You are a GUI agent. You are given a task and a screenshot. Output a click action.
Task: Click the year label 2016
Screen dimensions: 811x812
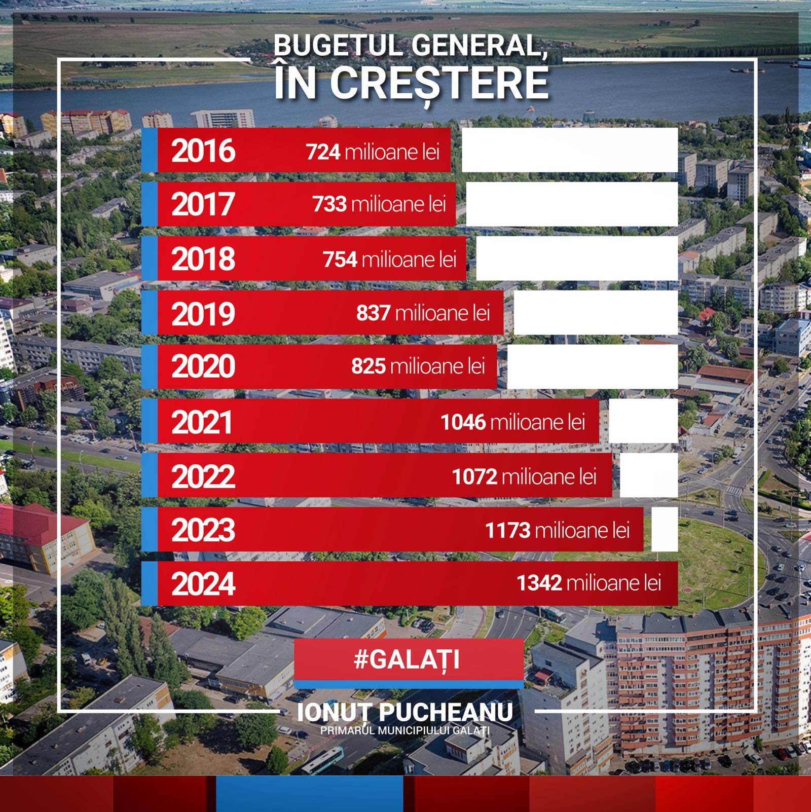coord(203,151)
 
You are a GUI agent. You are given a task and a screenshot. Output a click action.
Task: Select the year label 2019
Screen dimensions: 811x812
coord(203,314)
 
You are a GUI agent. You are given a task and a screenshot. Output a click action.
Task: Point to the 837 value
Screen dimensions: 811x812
coord(373,313)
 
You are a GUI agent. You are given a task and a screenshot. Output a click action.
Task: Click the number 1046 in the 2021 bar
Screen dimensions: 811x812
coord(463,422)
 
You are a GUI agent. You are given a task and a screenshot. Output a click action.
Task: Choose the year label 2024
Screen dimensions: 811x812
coord(203,584)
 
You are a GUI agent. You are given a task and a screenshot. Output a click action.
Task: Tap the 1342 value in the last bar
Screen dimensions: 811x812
coord(539,583)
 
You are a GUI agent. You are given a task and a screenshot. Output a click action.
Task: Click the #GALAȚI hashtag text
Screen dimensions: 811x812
coord(407,659)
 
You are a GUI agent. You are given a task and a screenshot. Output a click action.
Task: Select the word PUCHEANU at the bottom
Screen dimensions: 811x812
coord(446,712)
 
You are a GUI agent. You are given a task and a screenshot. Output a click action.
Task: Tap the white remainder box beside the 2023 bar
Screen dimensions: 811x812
coord(665,529)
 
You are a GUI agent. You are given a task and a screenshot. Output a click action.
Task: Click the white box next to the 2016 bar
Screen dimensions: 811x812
coord(570,150)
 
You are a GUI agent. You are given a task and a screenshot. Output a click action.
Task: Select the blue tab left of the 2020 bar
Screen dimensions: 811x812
coord(150,366)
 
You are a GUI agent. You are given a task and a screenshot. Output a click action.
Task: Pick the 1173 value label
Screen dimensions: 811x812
coord(508,530)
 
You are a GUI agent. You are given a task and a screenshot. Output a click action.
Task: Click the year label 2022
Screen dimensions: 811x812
coord(203,476)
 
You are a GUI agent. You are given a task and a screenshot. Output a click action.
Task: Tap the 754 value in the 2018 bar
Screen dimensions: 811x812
coord(340,260)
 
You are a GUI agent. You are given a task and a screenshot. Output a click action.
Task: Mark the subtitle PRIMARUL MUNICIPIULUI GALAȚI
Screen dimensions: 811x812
coord(405,730)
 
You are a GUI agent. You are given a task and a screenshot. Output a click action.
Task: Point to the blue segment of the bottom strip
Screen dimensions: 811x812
coord(310,794)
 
